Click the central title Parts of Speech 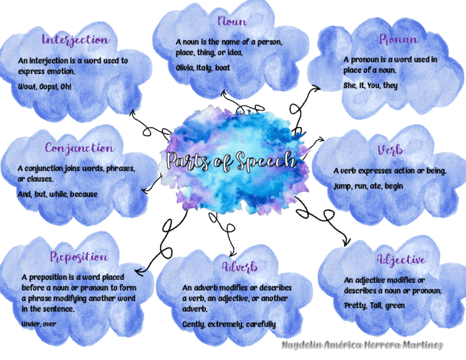[231, 160]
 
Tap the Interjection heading [75, 40]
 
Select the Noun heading [231, 21]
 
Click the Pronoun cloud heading [398, 39]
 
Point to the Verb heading [391, 150]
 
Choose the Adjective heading [401, 259]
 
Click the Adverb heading [240, 267]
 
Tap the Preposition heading [79, 257]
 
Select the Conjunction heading [80, 148]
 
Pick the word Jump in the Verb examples [342, 186]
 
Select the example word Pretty [354, 305]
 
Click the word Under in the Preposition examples [30, 324]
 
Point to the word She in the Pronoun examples [350, 86]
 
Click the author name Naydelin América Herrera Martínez [362, 345]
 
